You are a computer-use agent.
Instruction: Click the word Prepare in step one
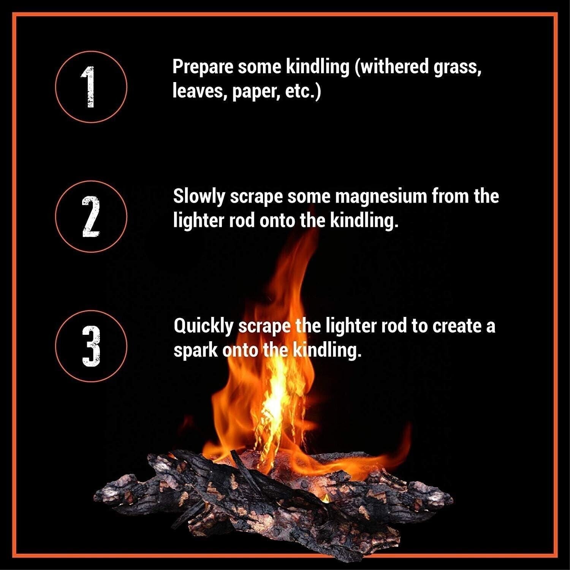[203, 68]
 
